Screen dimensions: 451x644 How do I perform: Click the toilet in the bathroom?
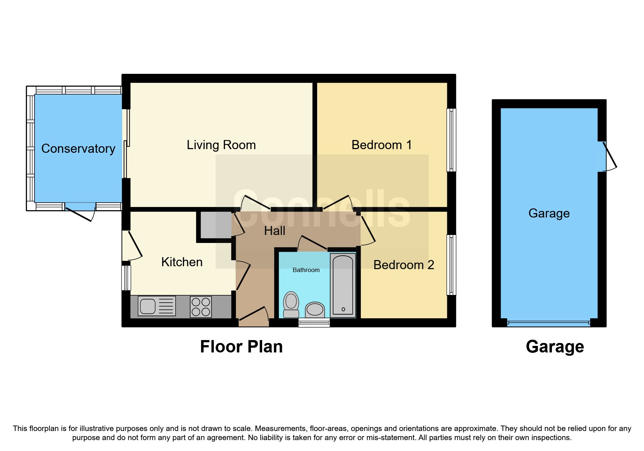[291, 304]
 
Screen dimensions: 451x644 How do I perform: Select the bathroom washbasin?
[315, 310]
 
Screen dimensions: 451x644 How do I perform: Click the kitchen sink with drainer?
[157, 306]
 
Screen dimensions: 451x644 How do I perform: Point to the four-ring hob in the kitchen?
[201, 307]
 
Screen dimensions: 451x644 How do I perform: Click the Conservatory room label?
[78, 148]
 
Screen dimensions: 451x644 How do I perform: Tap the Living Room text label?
[221, 145]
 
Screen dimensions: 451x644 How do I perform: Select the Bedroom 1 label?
[381, 145]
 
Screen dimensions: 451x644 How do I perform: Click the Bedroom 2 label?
[404, 265]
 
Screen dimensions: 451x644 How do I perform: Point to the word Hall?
[275, 231]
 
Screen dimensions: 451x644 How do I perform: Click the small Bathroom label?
[306, 270]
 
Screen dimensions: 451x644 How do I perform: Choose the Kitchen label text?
[182, 262]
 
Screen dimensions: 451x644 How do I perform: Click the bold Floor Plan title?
[241, 347]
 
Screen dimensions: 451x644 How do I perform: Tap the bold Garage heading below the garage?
[555, 347]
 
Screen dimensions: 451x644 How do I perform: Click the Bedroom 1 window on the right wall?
[451, 140]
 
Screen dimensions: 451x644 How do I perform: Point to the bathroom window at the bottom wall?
[314, 322]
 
